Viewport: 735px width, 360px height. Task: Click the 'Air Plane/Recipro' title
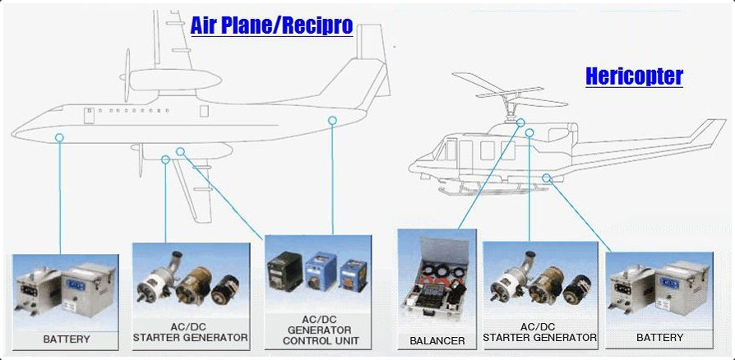point(271,25)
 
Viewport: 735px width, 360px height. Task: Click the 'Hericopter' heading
point(634,76)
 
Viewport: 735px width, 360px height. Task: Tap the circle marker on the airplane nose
point(59,137)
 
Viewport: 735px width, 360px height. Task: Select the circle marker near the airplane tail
point(332,121)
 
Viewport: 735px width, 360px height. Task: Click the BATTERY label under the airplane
point(66,339)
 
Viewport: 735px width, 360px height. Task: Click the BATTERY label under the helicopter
point(659,337)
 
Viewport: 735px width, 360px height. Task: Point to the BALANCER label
point(437,341)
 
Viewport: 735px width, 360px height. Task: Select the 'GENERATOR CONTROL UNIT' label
point(320,335)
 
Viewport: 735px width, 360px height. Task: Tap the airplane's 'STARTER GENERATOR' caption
point(190,337)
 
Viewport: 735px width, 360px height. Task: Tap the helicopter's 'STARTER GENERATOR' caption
point(540,337)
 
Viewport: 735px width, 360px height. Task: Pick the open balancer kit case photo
point(437,279)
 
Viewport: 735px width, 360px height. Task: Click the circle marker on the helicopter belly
point(546,178)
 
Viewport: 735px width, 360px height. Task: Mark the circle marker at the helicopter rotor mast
point(520,122)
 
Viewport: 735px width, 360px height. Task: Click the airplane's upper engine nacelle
point(174,80)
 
